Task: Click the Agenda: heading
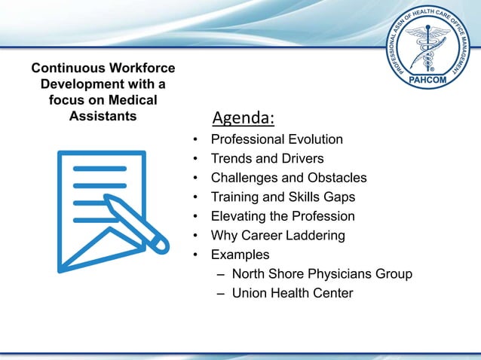click(x=243, y=118)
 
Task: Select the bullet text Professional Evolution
click(x=277, y=140)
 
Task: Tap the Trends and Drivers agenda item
click(x=267, y=159)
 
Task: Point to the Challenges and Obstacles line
click(x=289, y=178)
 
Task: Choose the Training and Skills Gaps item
click(x=283, y=197)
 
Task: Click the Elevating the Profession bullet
click(x=283, y=217)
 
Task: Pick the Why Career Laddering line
click(x=277, y=236)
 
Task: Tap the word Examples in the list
click(x=240, y=255)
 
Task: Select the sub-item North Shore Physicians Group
click(x=322, y=274)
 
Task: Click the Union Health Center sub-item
click(x=293, y=293)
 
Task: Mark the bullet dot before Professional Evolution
click(x=195, y=141)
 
